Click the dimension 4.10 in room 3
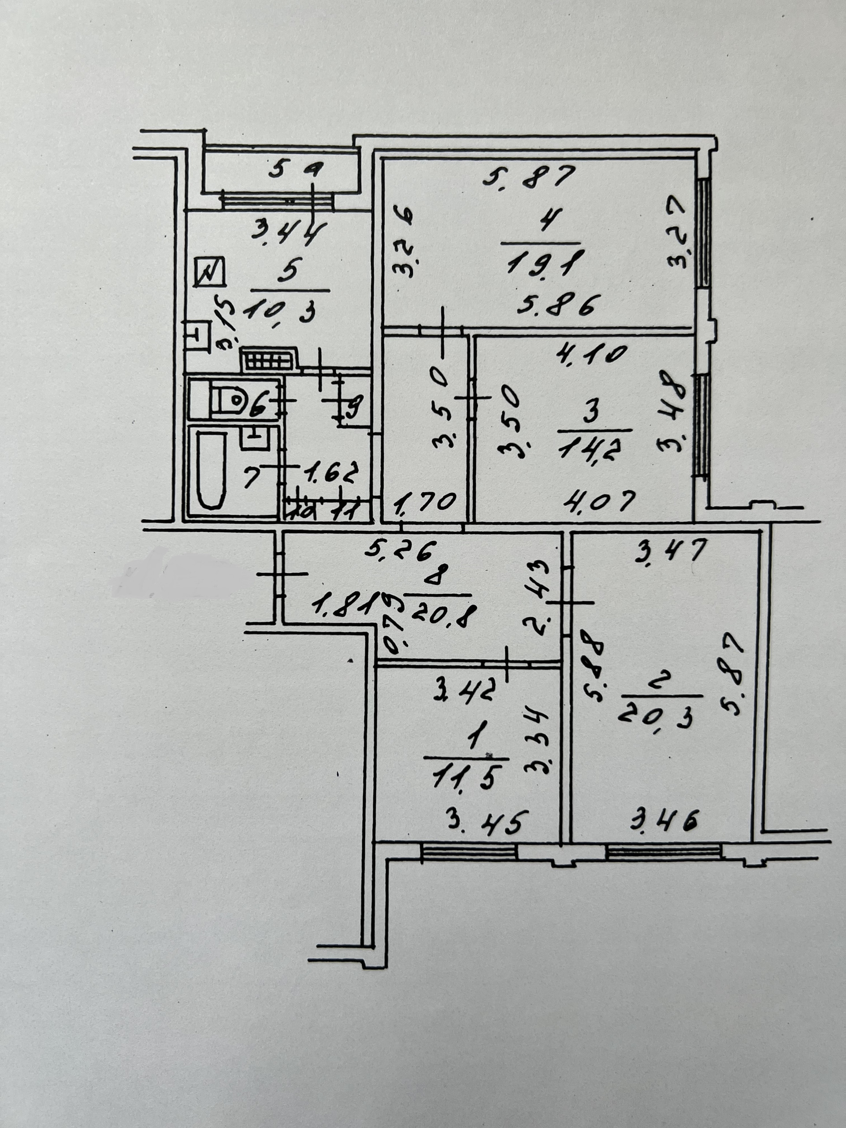tap(591, 354)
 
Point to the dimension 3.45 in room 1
tap(484, 823)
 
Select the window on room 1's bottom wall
tap(469, 853)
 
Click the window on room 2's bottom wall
tap(664, 852)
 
